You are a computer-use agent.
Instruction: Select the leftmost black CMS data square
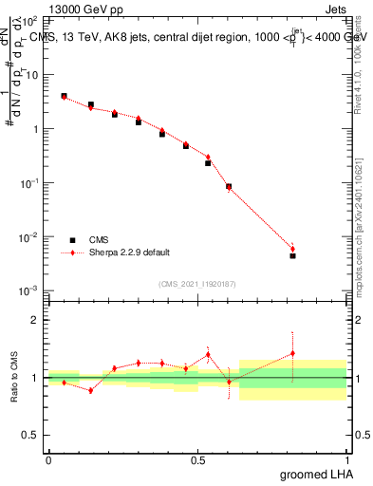(64, 96)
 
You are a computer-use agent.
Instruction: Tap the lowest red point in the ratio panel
(91, 390)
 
